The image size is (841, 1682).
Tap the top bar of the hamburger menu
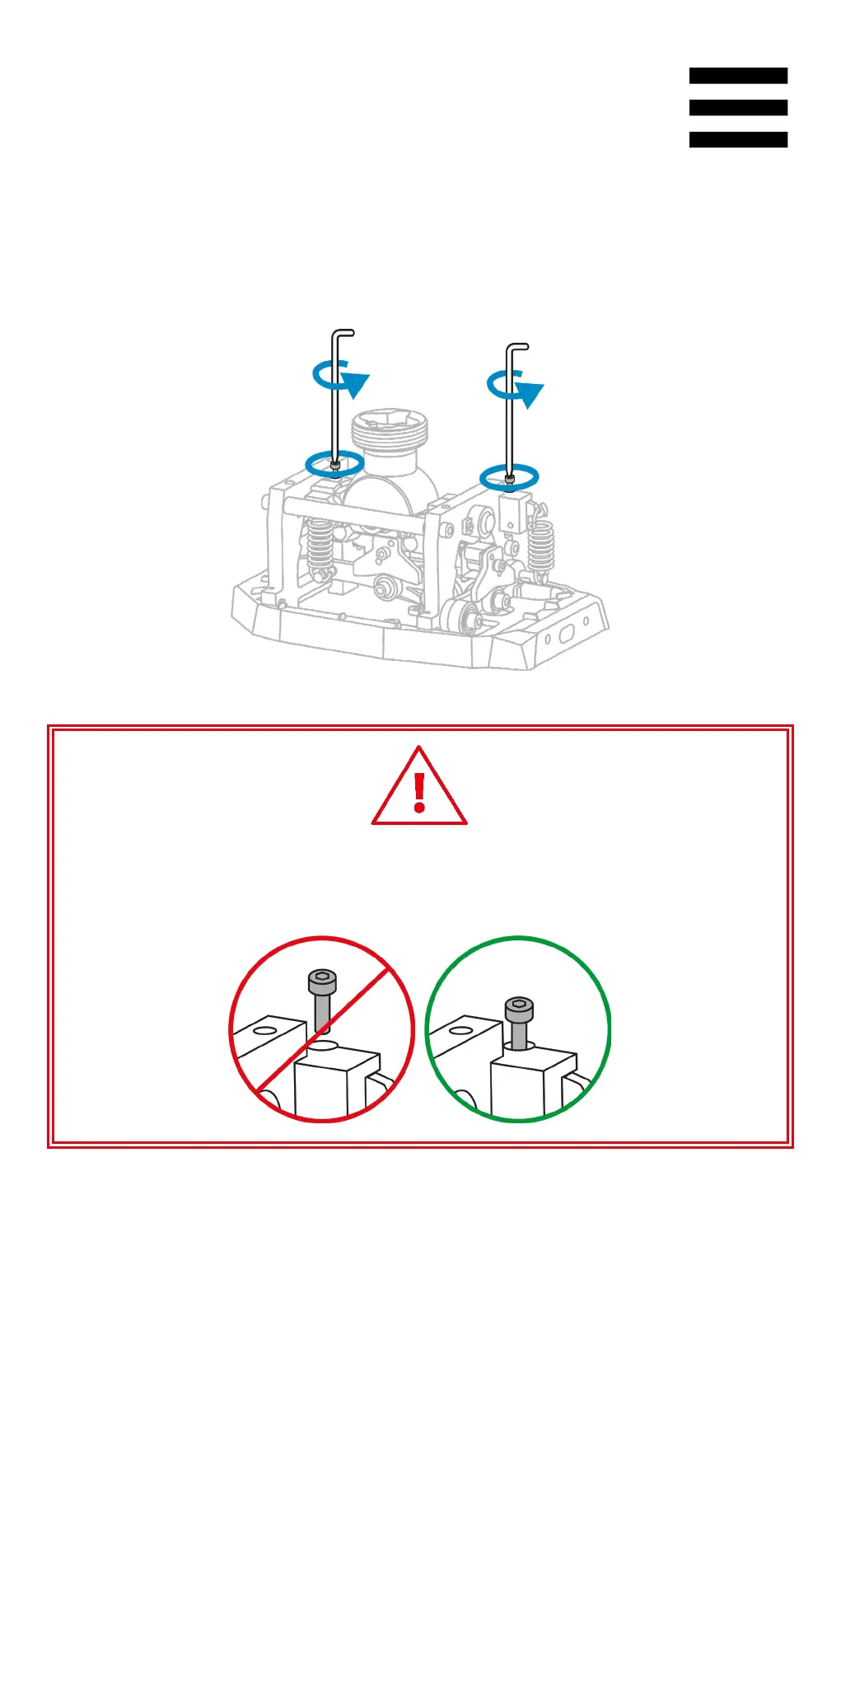738,76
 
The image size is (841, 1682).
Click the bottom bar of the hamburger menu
738,140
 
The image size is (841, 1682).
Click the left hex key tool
334,396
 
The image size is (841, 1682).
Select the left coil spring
320,545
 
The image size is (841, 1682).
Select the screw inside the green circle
518,1022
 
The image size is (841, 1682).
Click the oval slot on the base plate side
568,634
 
